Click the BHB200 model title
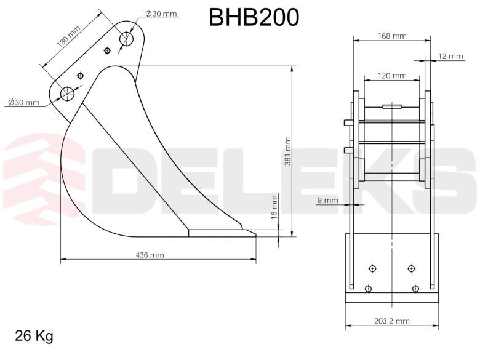[254, 17]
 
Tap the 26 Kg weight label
[34, 336]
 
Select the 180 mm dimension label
[68, 36]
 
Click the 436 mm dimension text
[150, 255]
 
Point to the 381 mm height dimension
[288, 151]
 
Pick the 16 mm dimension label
[274, 207]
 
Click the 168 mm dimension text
[392, 36]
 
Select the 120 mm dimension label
[392, 75]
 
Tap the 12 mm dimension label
[450, 56]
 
